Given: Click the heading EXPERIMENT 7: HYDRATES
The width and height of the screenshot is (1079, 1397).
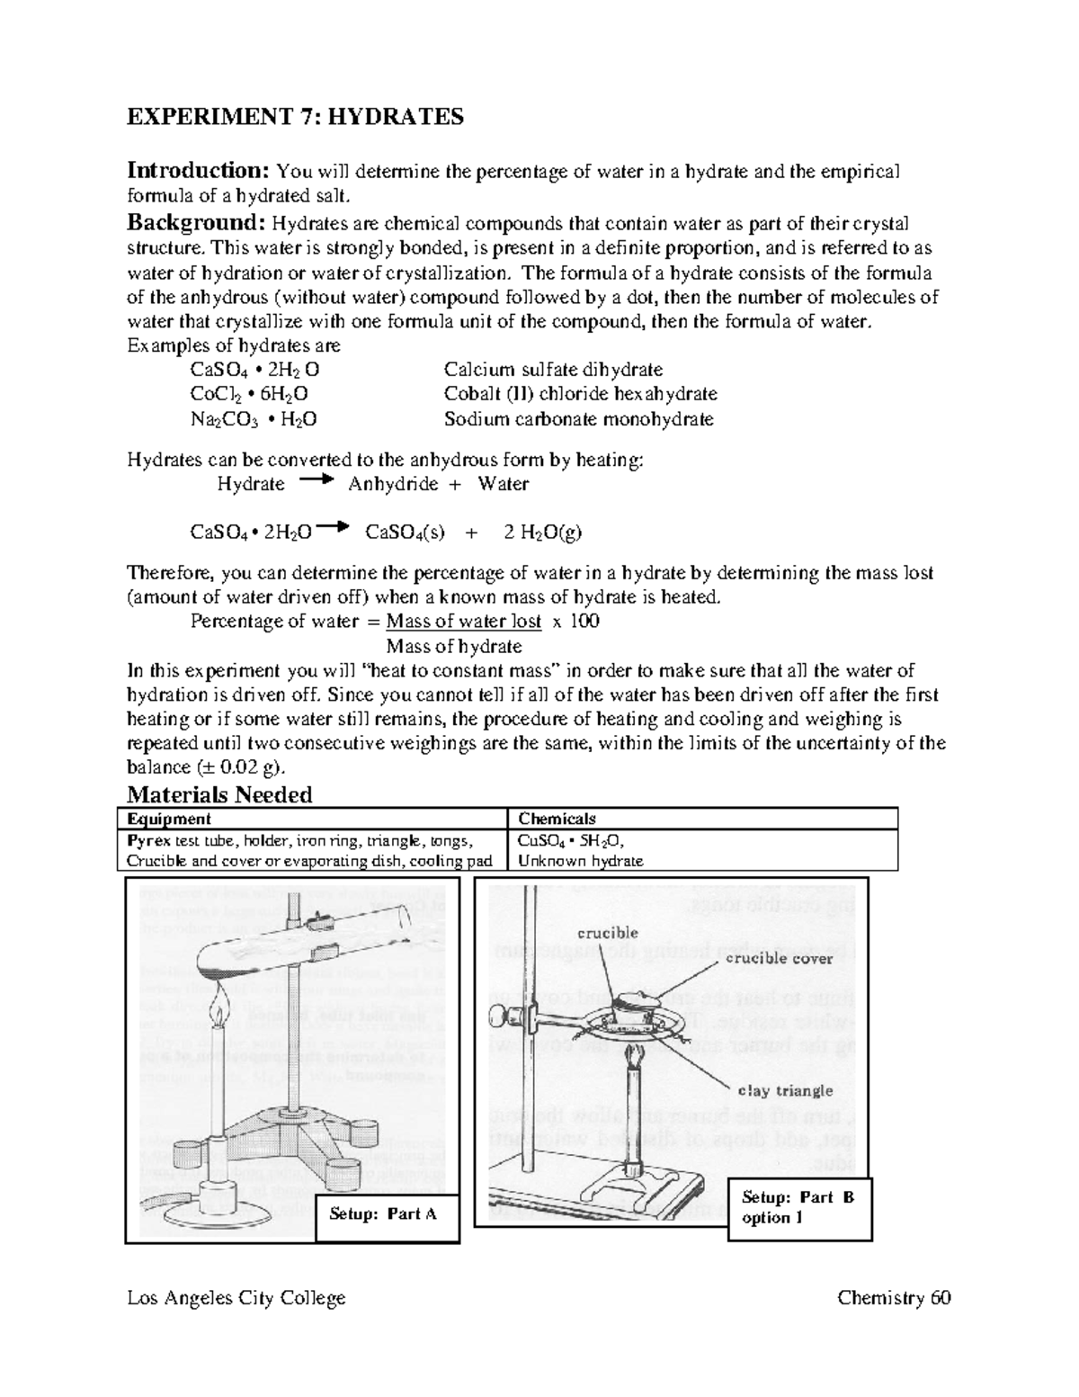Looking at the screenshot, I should [295, 117].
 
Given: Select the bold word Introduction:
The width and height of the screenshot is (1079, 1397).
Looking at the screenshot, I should [198, 171].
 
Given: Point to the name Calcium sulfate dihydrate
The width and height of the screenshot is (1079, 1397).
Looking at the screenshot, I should [553, 370].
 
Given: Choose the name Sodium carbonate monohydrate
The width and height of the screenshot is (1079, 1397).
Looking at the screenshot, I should [578, 419].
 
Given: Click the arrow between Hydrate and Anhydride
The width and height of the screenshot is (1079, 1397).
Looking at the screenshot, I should [316, 481].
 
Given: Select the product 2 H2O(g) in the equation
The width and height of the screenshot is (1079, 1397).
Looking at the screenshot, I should [542, 532].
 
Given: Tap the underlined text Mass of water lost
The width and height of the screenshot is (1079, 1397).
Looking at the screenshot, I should [463, 622].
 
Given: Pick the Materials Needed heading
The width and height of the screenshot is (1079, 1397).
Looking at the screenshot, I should [219, 794].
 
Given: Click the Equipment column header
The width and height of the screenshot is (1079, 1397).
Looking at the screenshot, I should [169, 819].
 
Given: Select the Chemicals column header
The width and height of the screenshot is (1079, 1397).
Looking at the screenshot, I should [557, 819].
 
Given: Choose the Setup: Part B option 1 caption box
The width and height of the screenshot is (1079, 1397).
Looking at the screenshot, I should [798, 1208].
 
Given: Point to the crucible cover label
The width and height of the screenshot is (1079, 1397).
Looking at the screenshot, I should [779, 959].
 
